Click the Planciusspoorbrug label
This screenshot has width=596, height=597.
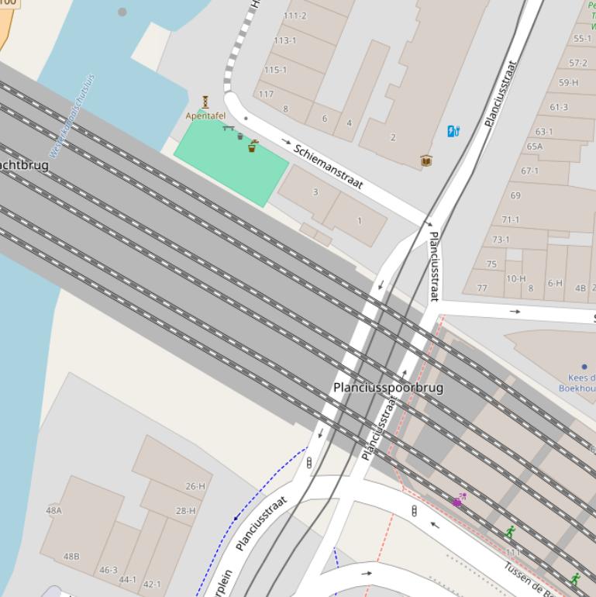(x=388, y=387)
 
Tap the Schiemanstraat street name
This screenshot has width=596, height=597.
(x=328, y=166)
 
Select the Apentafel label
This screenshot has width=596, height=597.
(x=205, y=116)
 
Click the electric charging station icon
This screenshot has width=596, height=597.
(x=453, y=131)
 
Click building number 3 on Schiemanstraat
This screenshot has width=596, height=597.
(x=315, y=192)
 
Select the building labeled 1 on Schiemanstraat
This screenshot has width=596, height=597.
(x=359, y=221)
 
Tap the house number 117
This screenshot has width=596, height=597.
(x=266, y=94)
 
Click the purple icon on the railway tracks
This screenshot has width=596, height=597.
(x=459, y=501)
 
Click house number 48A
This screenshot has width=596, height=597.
(x=53, y=510)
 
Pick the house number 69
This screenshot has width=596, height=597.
(x=515, y=195)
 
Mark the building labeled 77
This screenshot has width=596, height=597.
(x=482, y=288)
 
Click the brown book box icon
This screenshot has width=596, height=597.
(x=425, y=160)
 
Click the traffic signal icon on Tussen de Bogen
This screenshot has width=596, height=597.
(x=414, y=511)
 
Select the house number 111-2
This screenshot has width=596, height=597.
(x=295, y=16)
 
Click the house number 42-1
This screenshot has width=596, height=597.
(x=152, y=584)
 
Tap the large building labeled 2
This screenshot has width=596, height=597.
(x=393, y=137)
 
